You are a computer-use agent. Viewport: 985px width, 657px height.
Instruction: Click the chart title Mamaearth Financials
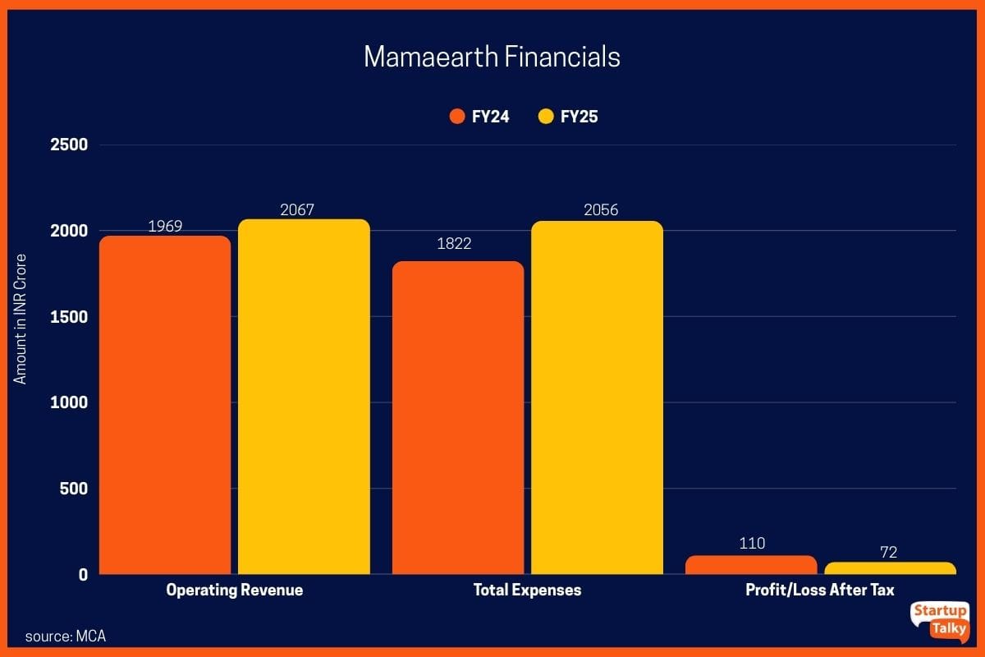492,57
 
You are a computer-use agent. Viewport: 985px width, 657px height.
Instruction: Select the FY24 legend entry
480,117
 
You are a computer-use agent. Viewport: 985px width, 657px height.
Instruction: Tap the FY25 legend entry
568,117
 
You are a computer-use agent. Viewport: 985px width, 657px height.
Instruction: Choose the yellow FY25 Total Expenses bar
597,397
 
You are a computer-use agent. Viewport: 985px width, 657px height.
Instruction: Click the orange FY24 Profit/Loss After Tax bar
751,565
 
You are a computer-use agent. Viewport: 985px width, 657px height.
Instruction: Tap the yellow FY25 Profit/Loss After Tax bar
890,568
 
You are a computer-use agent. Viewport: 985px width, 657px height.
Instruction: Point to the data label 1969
165,226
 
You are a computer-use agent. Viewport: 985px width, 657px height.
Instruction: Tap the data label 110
752,544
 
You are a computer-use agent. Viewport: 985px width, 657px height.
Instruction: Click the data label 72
888,552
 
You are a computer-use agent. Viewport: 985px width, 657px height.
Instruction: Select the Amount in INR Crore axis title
21,320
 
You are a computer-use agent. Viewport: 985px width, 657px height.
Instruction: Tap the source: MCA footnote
66,636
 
